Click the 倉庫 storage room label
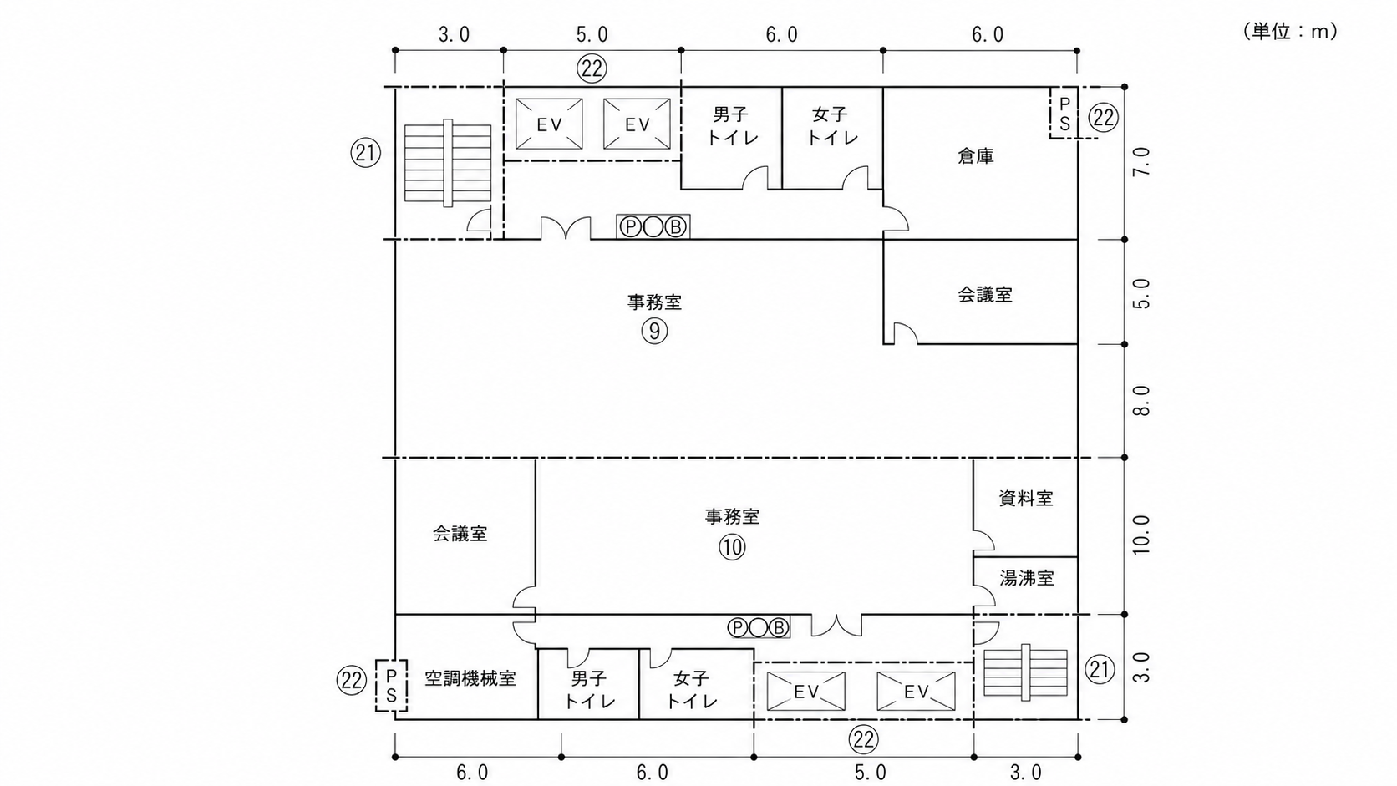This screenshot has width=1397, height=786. click(975, 156)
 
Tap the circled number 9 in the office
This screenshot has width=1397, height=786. click(654, 331)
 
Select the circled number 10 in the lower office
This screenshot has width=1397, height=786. click(732, 547)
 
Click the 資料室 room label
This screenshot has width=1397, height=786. click(1026, 498)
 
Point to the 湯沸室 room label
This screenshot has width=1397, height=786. click(1027, 579)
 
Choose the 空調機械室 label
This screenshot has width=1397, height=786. click(470, 678)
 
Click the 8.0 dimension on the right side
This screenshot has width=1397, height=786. click(1141, 400)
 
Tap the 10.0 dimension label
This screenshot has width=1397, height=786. click(1141, 535)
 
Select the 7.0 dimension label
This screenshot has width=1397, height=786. click(1141, 161)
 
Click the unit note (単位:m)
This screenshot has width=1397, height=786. click(1290, 31)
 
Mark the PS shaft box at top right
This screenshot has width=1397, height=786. click(1064, 113)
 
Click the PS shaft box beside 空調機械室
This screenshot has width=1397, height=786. click(391, 686)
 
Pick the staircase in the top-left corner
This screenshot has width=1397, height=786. click(448, 163)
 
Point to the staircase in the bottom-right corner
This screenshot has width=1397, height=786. click(1025, 672)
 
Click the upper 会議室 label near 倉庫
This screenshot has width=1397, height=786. click(985, 294)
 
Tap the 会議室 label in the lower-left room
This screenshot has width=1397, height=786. click(460, 534)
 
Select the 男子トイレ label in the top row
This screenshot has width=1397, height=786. click(732, 126)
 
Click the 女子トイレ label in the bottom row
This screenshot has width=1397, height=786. click(692, 689)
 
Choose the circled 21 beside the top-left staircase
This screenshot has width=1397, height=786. click(365, 153)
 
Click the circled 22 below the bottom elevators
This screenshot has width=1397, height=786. click(863, 740)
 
